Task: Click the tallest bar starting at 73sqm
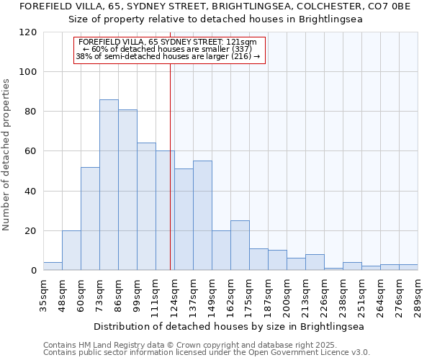[x=109, y=185]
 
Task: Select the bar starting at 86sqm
[x=127, y=190]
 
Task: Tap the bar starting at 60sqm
[x=90, y=219]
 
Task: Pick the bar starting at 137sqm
[x=202, y=215]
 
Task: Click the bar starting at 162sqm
[x=240, y=246]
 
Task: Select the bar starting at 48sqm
[x=71, y=251]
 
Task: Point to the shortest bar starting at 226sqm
[x=333, y=269]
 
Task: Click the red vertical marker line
[x=170, y=166]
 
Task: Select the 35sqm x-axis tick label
[x=44, y=293]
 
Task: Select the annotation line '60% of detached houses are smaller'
[x=171, y=49]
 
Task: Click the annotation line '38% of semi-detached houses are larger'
[x=168, y=56]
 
